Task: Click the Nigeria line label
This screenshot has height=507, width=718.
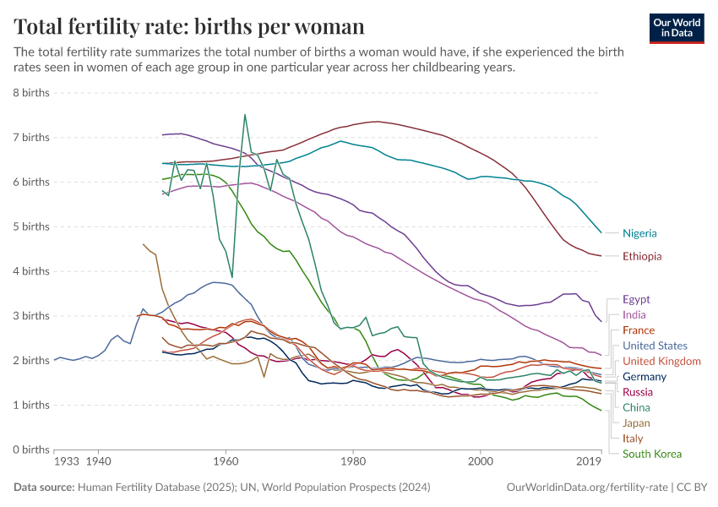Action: point(639,233)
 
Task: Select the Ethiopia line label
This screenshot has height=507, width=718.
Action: point(642,256)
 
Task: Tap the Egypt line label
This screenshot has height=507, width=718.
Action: point(637,299)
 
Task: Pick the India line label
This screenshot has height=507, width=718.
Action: point(634,315)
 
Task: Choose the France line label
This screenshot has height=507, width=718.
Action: point(639,330)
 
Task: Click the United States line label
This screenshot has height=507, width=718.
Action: point(655,346)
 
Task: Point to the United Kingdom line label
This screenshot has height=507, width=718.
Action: point(661,361)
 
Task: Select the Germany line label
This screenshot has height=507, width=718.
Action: point(645,377)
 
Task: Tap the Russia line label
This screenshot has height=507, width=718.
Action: point(638,392)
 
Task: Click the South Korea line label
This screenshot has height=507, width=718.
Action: point(652,454)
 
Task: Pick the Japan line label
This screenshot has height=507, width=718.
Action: point(637,423)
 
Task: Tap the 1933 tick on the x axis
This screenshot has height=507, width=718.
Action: point(66,462)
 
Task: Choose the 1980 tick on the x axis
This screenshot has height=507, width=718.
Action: point(352,462)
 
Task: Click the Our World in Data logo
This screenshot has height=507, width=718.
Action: point(677,27)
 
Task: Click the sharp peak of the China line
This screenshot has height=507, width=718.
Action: point(245,115)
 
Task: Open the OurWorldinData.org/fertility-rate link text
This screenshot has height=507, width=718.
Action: point(584,488)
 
